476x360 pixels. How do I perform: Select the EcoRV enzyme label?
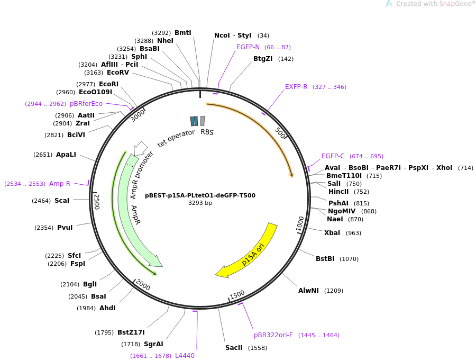tap(117, 73)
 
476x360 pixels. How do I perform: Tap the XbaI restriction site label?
tap(332, 233)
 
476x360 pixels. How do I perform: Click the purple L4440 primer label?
tap(185, 356)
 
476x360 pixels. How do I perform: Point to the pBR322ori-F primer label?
tap(273, 335)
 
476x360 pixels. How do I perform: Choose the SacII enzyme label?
tap(234, 348)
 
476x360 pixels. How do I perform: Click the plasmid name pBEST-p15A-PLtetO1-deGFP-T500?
tap(200, 195)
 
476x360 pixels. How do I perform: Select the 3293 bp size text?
tap(200, 203)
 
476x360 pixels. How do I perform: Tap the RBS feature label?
tap(207, 132)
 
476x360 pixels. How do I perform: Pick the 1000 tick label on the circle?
tap(300, 223)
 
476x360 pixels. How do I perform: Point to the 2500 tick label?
tap(97, 202)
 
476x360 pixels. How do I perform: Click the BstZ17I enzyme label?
tap(131, 332)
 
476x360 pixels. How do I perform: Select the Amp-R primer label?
tap(60, 184)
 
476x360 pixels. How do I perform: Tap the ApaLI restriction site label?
tap(66, 155)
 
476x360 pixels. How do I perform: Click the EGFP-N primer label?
tap(248, 47)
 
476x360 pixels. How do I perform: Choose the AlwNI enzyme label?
tap(309, 291)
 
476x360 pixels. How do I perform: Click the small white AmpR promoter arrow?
tap(141, 147)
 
